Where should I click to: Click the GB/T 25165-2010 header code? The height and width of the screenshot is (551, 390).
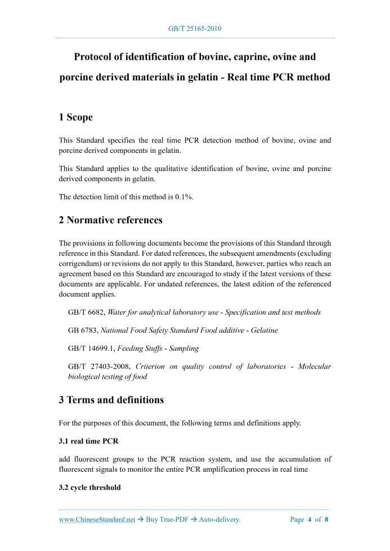195,28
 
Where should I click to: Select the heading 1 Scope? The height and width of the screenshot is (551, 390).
75,117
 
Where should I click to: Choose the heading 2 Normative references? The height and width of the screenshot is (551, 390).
110,220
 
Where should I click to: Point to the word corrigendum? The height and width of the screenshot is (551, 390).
82,263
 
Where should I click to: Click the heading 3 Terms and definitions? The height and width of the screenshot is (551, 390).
111,400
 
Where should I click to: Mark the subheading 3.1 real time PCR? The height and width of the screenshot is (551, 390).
88,441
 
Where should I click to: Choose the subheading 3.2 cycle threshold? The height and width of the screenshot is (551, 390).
89,487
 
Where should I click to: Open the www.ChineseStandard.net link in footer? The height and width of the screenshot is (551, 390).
97,520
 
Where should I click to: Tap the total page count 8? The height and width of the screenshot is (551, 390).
326,520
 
